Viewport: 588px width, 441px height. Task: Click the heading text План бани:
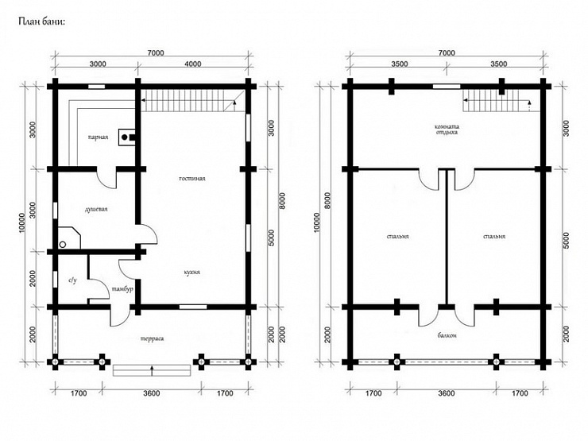pyautogui.click(x=41, y=21)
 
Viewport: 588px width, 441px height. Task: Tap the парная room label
pyautogui.click(x=99, y=137)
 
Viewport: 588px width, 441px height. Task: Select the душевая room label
pyautogui.click(x=96, y=209)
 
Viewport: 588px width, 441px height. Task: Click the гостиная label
pyautogui.click(x=192, y=179)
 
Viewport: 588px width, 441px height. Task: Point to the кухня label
pyautogui.click(x=192, y=273)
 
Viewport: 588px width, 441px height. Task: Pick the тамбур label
pyautogui.click(x=122, y=289)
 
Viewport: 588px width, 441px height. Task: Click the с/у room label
pyautogui.click(x=73, y=280)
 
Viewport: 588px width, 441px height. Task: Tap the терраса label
pyautogui.click(x=153, y=338)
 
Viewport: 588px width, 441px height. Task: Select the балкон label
pyautogui.click(x=447, y=335)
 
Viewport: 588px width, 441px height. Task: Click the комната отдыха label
pyautogui.click(x=447, y=130)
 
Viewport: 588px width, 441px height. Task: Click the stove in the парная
pyautogui.click(x=127, y=137)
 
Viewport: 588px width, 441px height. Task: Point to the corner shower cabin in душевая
pyautogui.click(x=69, y=238)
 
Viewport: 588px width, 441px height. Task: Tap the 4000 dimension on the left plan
pyautogui.click(x=193, y=64)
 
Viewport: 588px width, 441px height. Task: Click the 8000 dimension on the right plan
pyautogui.click(x=327, y=200)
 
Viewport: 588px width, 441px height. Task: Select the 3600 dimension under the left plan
pyautogui.click(x=152, y=393)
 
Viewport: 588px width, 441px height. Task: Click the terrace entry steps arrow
pyautogui.click(x=152, y=369)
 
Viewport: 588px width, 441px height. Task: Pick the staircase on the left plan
pyautogui.click(x=193, y=100)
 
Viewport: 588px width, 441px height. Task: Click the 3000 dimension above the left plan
pyautogui.click(x=98, y=64)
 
